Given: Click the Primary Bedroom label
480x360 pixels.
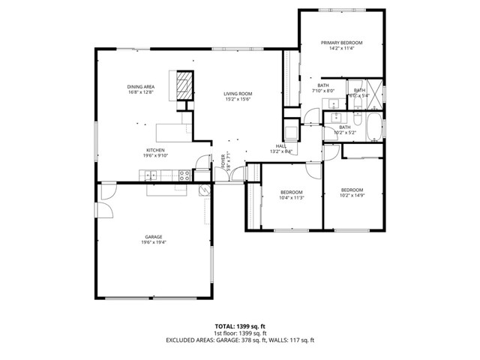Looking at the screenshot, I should [x=337, y=43].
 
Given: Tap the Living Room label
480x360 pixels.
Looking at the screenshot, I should [x=237, y=94].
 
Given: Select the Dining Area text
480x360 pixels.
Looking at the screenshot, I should [x=140, y=88].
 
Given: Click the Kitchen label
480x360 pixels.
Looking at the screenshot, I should [x=155, y=150].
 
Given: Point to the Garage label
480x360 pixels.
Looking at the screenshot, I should [x=153, y=237].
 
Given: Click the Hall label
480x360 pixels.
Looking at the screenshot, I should [x=280, y=146].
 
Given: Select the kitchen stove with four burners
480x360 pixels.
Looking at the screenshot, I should [x=183, y=175].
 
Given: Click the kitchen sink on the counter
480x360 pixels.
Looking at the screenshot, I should [x=151, y=175].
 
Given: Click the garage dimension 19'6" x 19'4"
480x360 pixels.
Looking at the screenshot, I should [x=153, y=242].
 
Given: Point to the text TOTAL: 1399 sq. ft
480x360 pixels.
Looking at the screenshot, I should [x=240, y=327].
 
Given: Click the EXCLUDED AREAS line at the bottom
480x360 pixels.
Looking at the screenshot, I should [x=240, y=340].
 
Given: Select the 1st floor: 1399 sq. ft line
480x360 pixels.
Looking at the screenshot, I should [x=240, y=333].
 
